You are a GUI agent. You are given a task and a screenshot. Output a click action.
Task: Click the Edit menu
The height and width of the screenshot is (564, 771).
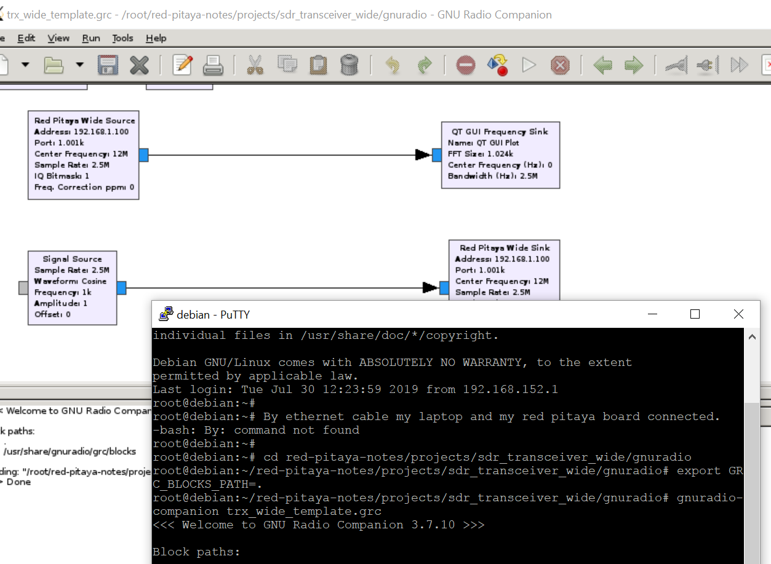(x=26, y=38)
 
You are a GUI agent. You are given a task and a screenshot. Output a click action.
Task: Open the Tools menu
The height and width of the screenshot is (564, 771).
(x=122, y=38)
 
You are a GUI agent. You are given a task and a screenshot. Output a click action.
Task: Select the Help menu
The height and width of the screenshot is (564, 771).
(x=156, y=38)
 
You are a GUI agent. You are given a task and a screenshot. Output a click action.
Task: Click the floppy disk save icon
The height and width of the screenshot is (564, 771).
(x=108, y=65)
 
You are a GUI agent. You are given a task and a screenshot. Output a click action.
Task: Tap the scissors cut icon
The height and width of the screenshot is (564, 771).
(x=255, y=65)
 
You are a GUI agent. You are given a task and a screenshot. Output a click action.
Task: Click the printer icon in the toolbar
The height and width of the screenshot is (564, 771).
(x=213, y=65)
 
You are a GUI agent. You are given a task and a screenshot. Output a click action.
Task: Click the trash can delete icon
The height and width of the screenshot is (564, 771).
(x=349, y=65)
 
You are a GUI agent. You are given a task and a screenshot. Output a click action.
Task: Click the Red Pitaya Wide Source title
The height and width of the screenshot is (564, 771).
(x=84, y=121)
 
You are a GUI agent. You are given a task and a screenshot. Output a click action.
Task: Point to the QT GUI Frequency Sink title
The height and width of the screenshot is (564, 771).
(x=500, y=132)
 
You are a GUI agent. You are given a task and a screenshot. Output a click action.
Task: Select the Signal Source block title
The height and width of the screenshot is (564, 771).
(x=72, y=259)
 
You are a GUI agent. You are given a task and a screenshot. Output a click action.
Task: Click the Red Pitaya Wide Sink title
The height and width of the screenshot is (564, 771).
(x=505, y=248)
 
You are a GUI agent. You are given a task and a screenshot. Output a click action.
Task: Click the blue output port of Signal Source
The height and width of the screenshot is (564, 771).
(x=121, y=287)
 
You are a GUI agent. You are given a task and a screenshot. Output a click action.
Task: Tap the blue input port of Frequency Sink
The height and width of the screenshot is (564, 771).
(x=437, y=155)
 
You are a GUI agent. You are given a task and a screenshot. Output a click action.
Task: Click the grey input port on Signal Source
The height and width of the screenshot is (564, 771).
(x=23, y=287)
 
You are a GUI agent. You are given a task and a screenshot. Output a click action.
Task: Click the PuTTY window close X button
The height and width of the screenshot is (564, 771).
(x=738, y=314)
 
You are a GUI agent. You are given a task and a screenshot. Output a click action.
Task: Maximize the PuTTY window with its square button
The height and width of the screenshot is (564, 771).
(x=695, y=314)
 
